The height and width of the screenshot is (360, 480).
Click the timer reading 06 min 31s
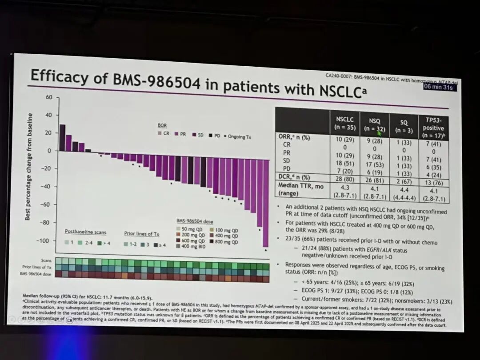440,87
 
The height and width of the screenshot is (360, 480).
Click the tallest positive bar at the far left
62,138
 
